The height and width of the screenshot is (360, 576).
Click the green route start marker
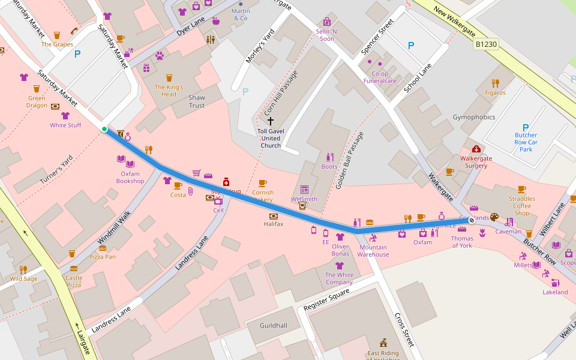click(104, 129)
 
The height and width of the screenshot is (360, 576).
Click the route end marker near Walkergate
click(472, 220)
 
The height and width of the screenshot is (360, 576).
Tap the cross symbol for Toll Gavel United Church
click(271, 121)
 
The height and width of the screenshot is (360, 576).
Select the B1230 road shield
click(486, 44)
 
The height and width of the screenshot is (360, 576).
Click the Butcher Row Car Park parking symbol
click(526, 127)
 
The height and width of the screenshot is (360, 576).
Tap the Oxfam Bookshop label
click(130, 178)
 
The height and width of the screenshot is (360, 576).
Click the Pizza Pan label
click(103, 257)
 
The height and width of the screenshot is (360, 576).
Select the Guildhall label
click(274, 325)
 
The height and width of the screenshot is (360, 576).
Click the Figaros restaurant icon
click(495, 83)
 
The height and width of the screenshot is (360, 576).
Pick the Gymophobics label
click(474, 117)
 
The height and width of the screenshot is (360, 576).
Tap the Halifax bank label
click(274, 224)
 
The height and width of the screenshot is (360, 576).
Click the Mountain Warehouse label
click(373, 251)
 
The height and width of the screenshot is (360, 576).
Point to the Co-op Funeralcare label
click(380, 77)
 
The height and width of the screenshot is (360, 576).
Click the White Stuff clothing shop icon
click(65, 116)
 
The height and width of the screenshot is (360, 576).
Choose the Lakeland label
click(555, 292)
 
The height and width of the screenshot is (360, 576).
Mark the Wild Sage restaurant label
click(23, 278)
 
